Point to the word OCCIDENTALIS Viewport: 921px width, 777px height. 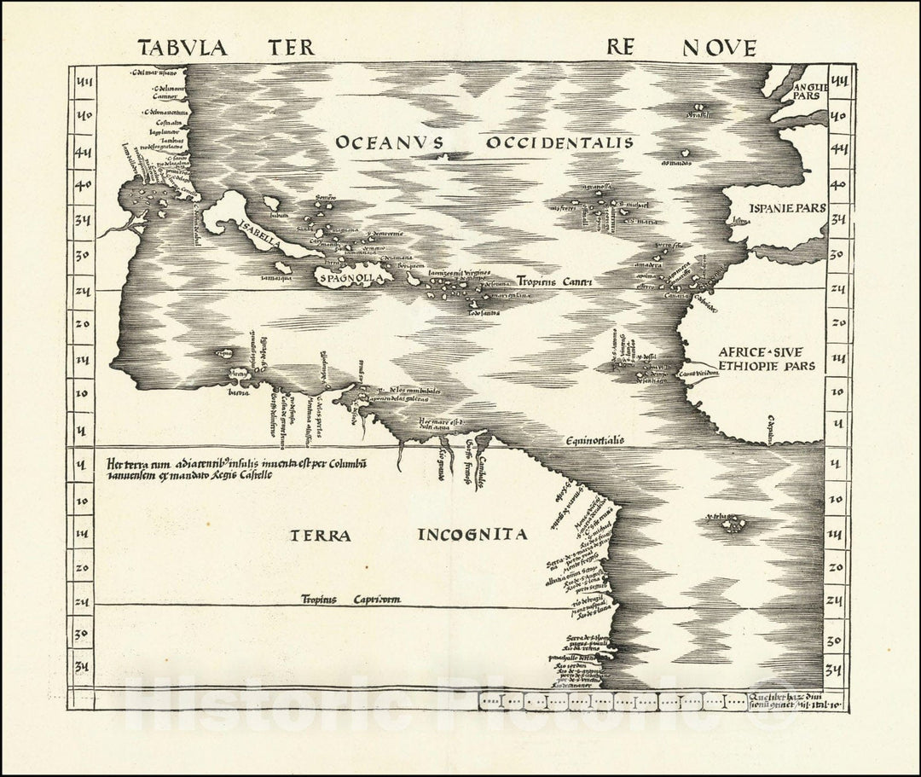(x=559, y=142)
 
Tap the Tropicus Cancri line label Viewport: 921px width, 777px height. (x=554, y=281)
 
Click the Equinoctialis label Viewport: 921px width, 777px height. (x=594, y=440)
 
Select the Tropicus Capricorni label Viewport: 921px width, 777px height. (x=350, y=600)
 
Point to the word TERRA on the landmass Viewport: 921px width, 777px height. (x=321, y=536)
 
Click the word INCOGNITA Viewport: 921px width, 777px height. (x=473, y=536)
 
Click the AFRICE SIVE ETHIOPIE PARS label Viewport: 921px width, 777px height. (x=766, y=358)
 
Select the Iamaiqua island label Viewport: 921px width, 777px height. (x=275, y=277)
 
